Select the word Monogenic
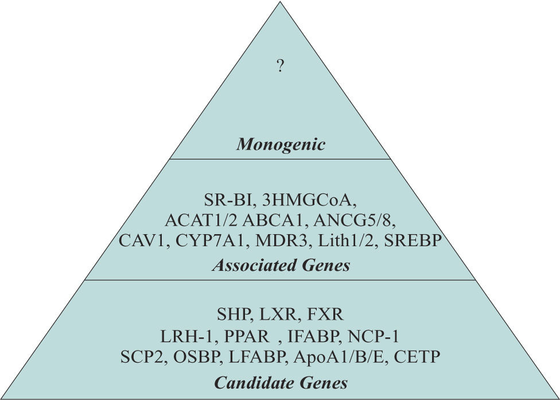pos(281,144)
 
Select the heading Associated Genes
pos(281,266)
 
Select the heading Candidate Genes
pos(281,382)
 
